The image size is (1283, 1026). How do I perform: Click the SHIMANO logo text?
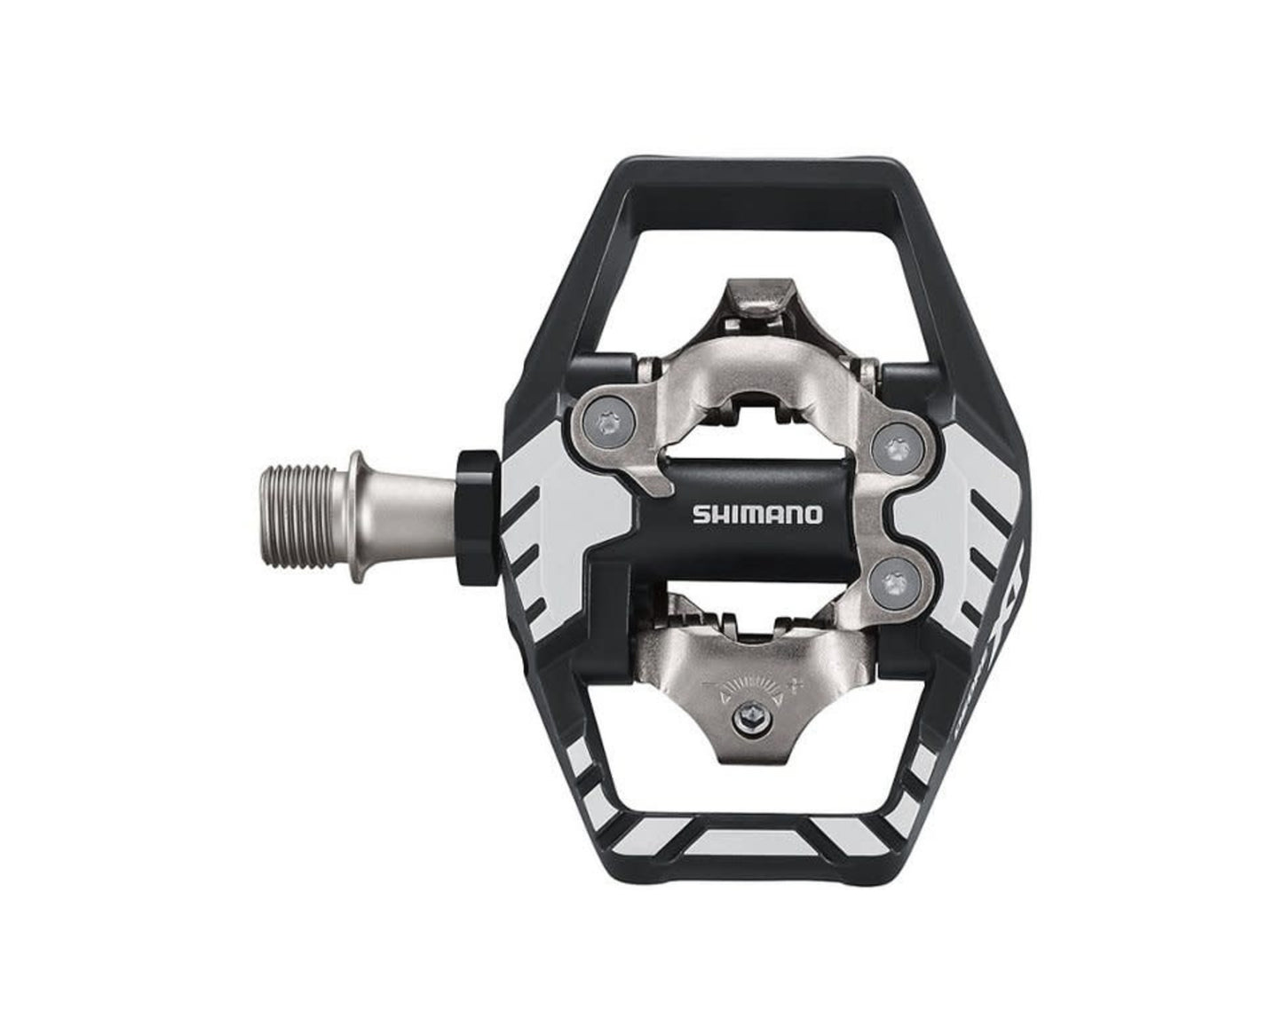[756, 514]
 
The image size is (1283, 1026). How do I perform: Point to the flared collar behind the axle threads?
[357, 516]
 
